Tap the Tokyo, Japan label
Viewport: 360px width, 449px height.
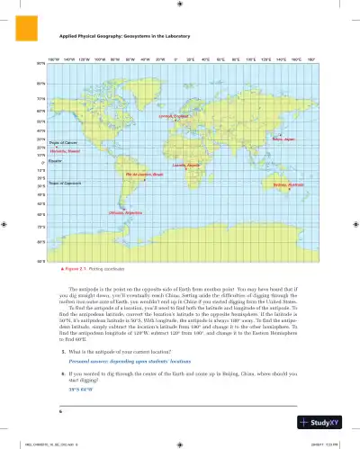click(283, 140)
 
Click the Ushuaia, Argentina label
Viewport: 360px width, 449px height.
click(125, 212)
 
